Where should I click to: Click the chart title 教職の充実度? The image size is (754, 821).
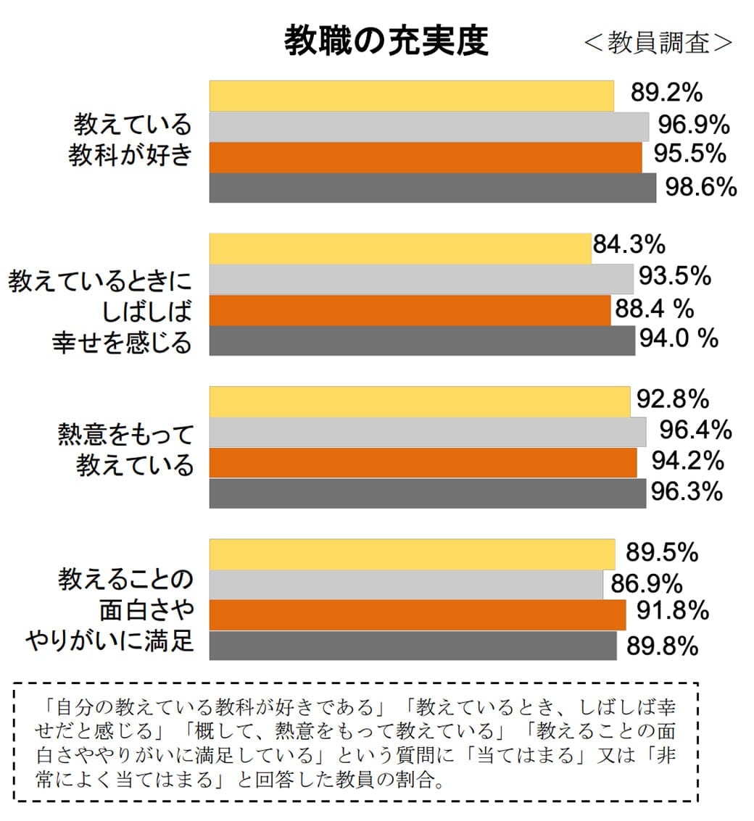coord(386,41)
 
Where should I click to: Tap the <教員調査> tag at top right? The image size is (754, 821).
coord(658,42)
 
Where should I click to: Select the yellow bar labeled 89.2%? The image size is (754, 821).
coord(411,96)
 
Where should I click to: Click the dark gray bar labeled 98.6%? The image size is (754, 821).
coord(432,188)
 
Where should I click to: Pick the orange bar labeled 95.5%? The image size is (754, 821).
coord(425,157)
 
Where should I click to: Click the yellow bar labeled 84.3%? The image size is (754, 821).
coord(400,249)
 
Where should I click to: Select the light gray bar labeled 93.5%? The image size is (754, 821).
coord(421,280)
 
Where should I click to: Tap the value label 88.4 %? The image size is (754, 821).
coord(655,309)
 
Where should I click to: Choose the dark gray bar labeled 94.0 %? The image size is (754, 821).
coord(422,341)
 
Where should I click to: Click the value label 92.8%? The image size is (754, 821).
coord(673,399)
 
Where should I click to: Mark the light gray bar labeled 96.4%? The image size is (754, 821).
coord(427,432)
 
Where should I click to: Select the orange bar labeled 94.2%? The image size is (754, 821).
coord(423,463)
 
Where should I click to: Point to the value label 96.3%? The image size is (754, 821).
coord(686,492)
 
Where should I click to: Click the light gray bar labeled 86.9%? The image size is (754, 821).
coord(406,585)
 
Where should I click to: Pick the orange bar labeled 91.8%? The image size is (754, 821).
coord(417,615)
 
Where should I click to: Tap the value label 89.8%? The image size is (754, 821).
coord(662,646)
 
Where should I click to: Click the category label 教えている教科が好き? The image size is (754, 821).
coord(130,140)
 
